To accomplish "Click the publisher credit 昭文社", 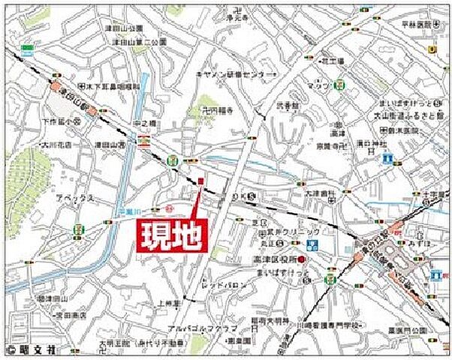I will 47,349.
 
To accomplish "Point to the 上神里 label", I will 170,302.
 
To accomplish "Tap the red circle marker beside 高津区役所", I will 300,259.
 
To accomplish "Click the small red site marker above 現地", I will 201,180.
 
